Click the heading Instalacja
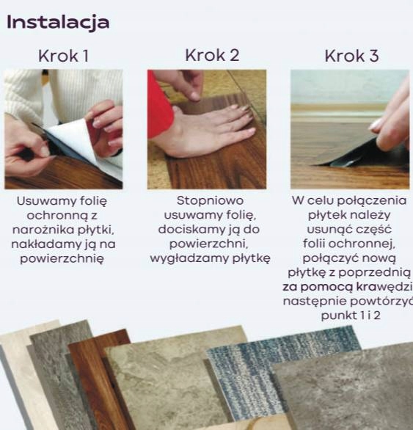tap(58, 22)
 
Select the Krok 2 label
tap(212, 55)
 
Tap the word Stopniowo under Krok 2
tap(210, 200)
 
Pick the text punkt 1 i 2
tap(347, 315)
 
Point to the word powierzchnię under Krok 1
tap(63, 258)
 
